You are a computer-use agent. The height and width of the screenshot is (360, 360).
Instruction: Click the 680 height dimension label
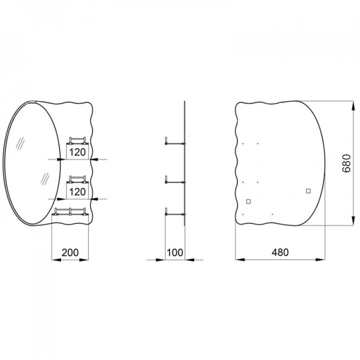pyautogui.click(x=346, y=163)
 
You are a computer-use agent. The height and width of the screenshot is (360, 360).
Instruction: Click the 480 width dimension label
pyautogui.click(x=280, y=252)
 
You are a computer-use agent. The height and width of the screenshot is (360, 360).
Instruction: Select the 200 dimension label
pyautogui.click(x=70, y=252)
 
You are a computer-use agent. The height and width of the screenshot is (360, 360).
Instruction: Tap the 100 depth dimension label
pyautogui.click(x=175, y=252)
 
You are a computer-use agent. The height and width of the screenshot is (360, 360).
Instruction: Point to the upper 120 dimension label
pyautogui.click(x=77, y=152)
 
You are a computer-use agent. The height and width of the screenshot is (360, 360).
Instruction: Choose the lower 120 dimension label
pyautogui.click(x=77, y=192)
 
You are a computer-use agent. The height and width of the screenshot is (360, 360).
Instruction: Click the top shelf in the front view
pyautogui.click(x=77, y=141)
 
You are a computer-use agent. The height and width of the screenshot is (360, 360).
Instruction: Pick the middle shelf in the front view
pyautogui.click(x=77, y=180)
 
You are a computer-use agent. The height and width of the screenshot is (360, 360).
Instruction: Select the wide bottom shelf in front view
pyautogui.click(x=70, y=212)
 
